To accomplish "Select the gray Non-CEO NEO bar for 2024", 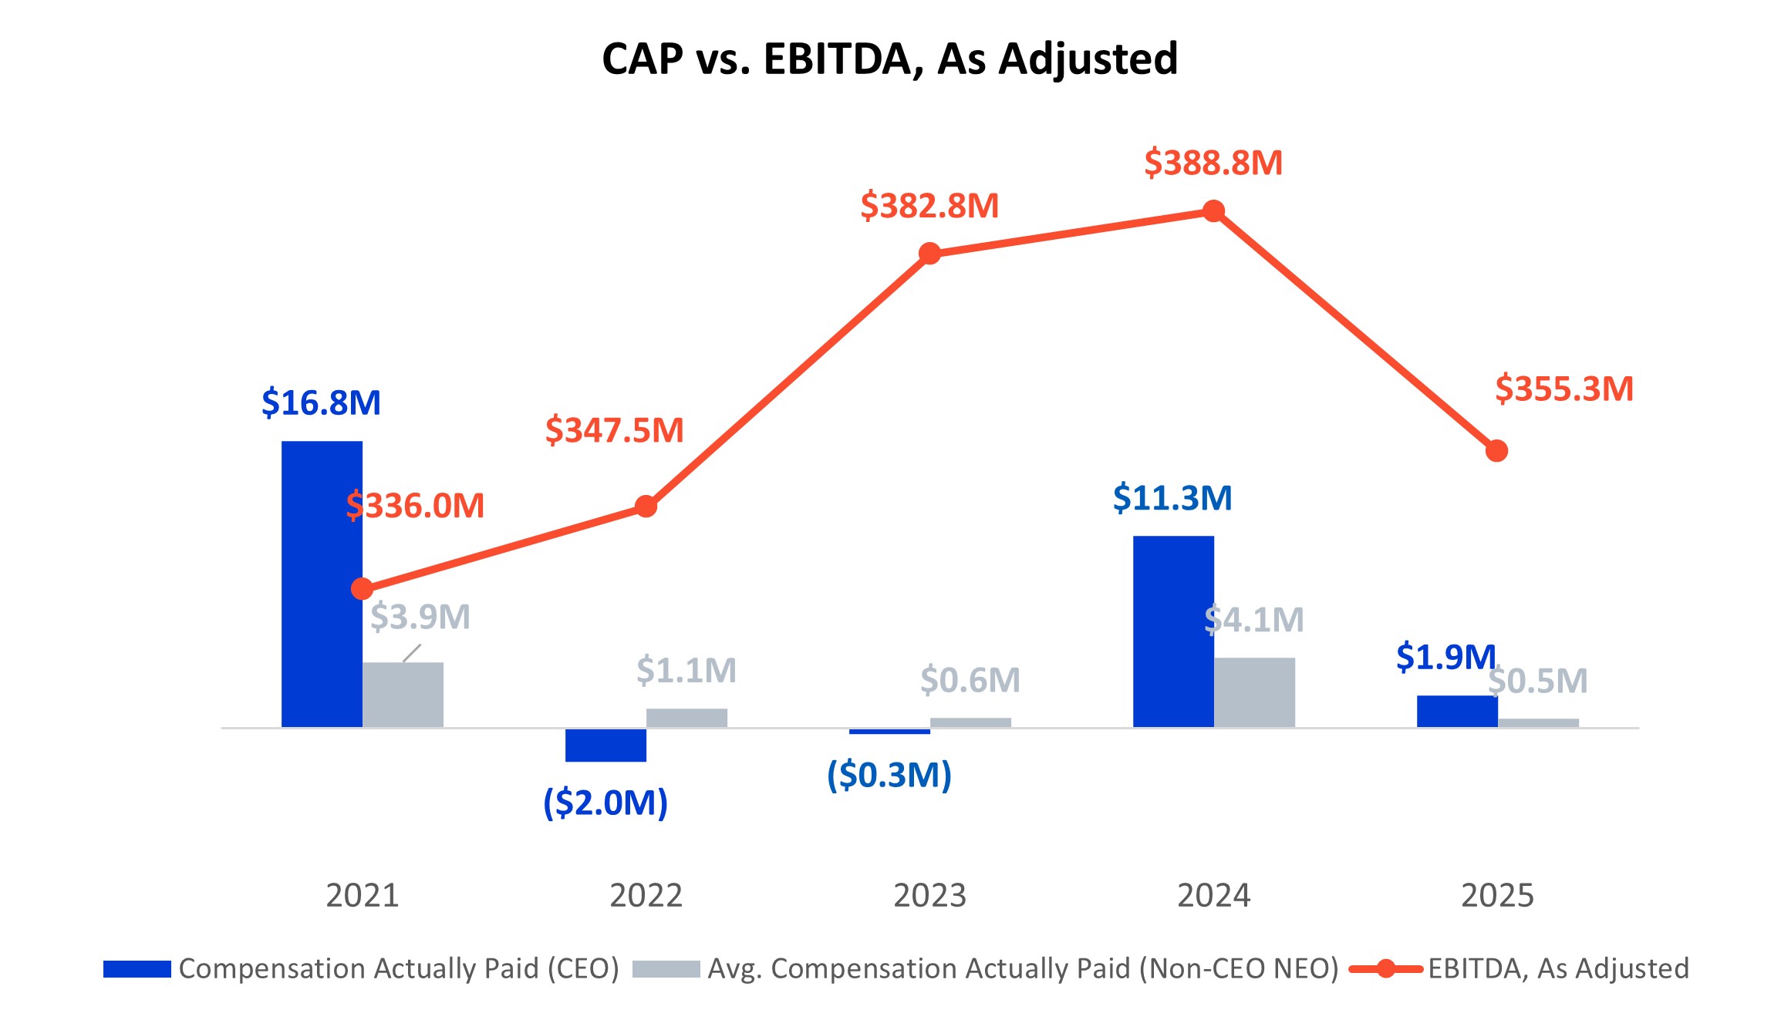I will [x=1254, y=692].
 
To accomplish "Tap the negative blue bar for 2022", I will [x=605, y=745].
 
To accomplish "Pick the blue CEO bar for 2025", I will [x=1457, y=711].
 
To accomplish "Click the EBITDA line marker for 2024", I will [x=1213, y=211].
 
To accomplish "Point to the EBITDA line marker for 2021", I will [x=362, y=589].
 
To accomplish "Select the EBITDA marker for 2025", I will [x=1496, y=451].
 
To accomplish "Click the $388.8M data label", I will [x=1213, y=163].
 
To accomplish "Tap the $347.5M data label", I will [x=614, y=430].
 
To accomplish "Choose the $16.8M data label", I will [x=321, y=402].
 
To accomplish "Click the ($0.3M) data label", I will [x=889, y=775].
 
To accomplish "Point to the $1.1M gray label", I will [x=686, y=670].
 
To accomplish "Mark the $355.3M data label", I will [x=1563, y=389].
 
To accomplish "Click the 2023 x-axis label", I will [x=929, y=895].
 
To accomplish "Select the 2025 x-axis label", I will [x=1497, y=895].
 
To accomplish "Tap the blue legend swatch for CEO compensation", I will [x=137, y=969].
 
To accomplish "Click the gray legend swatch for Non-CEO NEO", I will [x=666, y=969].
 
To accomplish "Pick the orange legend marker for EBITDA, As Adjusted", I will [x=1385, y=969].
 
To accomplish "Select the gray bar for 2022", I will [x=686, y=718].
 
